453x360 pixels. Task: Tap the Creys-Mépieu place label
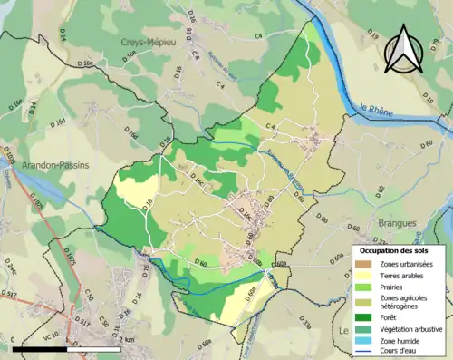[149, 42]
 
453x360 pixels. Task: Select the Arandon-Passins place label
[38, 167]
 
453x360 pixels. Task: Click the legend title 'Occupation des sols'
[394, 250]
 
